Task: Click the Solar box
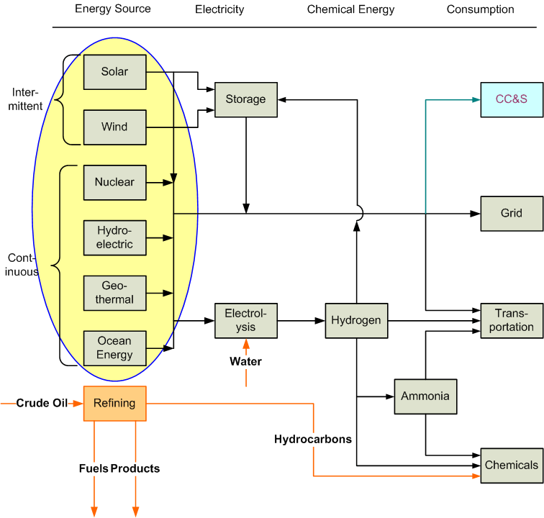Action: (114, 72)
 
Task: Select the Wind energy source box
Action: (114, 127)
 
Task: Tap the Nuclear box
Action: (114, 182)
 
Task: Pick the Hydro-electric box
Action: (114, 237)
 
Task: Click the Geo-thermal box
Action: (114, 293)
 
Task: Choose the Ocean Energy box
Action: (114, 348)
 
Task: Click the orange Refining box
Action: (114, 404)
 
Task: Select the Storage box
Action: (245, 99)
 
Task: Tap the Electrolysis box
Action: (245, 320)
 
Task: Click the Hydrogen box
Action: (356, 320)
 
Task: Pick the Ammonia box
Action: (425, 396)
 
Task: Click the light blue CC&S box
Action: (512, 99)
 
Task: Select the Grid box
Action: (512, 214)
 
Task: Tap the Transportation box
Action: (512, 320)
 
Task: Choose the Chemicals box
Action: (512, 465)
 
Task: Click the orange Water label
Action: (245, 361)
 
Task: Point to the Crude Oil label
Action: (42, 404)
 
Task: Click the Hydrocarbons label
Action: (313, 439)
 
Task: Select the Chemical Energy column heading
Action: (350, 9)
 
